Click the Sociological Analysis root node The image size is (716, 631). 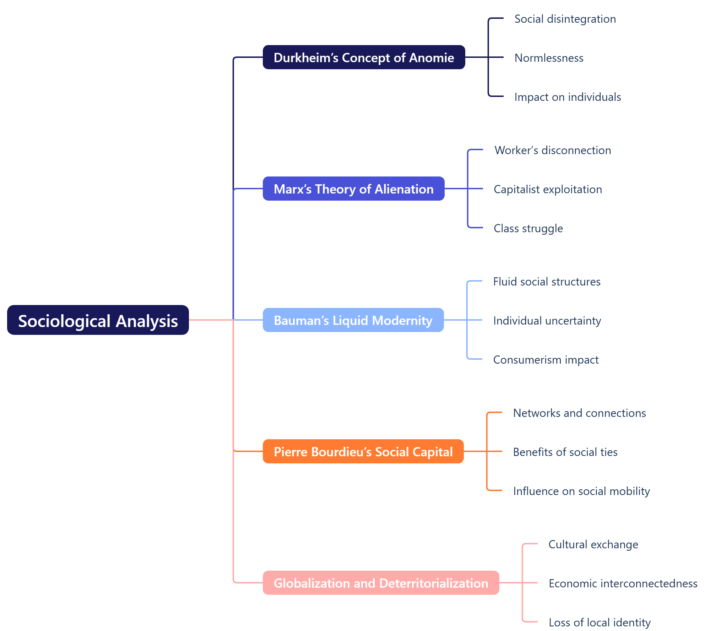98,320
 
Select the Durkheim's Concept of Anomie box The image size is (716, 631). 364,58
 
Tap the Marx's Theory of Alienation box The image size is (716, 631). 353,189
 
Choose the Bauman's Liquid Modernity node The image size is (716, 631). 353,320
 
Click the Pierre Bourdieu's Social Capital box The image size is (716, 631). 363,452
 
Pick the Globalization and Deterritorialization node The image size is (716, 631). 381,583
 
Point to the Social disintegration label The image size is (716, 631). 565,19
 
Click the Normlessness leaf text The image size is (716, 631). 549,58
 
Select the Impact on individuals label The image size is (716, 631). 568,97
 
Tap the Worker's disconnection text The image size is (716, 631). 553,150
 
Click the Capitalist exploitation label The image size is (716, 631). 548,189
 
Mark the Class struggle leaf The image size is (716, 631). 528,228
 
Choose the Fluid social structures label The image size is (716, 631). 547,282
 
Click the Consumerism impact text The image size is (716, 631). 546,360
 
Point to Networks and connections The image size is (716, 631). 579,413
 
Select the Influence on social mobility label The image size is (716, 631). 581,491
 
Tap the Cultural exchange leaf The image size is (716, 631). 593,544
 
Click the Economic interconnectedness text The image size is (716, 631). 623,583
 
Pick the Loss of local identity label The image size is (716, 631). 600,622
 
